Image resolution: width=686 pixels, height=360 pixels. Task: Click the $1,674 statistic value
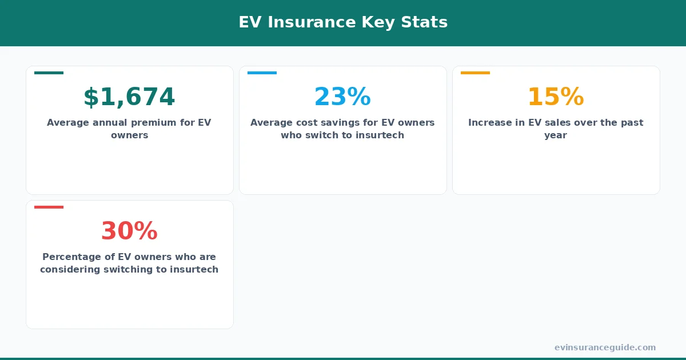(129, 97)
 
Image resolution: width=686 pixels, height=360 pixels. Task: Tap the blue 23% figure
(342, 97)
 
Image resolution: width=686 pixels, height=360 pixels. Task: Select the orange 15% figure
(556, 97)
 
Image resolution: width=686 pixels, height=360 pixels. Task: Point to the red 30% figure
(129, 231)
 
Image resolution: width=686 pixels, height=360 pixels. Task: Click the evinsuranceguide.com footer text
(605, 347)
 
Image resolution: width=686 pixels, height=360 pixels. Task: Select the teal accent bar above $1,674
(49, 73)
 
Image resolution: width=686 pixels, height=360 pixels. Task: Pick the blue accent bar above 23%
(262, 73)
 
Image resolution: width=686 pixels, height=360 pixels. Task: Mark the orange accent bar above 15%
(475, 73)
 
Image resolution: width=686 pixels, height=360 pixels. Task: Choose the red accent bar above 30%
(49, 207)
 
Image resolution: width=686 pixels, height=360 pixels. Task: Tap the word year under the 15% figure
(556, 135)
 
